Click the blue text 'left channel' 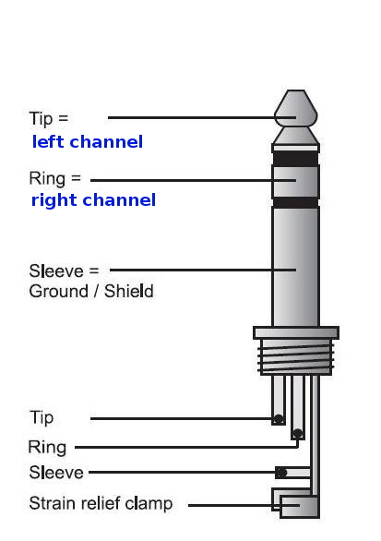click(88, 141)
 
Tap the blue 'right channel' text click(93, 200)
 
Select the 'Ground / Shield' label click(91, 291)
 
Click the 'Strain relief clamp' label click(101, 504)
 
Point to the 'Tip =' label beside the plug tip click(49, 119)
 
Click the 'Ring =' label click(55, 179)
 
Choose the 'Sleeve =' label click(65, 270)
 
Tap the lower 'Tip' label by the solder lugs click(42, 418)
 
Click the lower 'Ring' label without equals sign click(47, 448)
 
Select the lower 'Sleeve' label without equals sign click(56, 473)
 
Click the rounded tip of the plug click(296, 108)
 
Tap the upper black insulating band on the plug click(295, 158)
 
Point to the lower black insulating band click(295, 202)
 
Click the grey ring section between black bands click(295, 182)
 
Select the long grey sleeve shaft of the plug click(295, 267)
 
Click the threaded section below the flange click(296, 357)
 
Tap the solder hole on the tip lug click(279, 419)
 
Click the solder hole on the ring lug click(297, 433)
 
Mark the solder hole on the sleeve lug click(281, 473)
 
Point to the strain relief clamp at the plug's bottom click(299, 506)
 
